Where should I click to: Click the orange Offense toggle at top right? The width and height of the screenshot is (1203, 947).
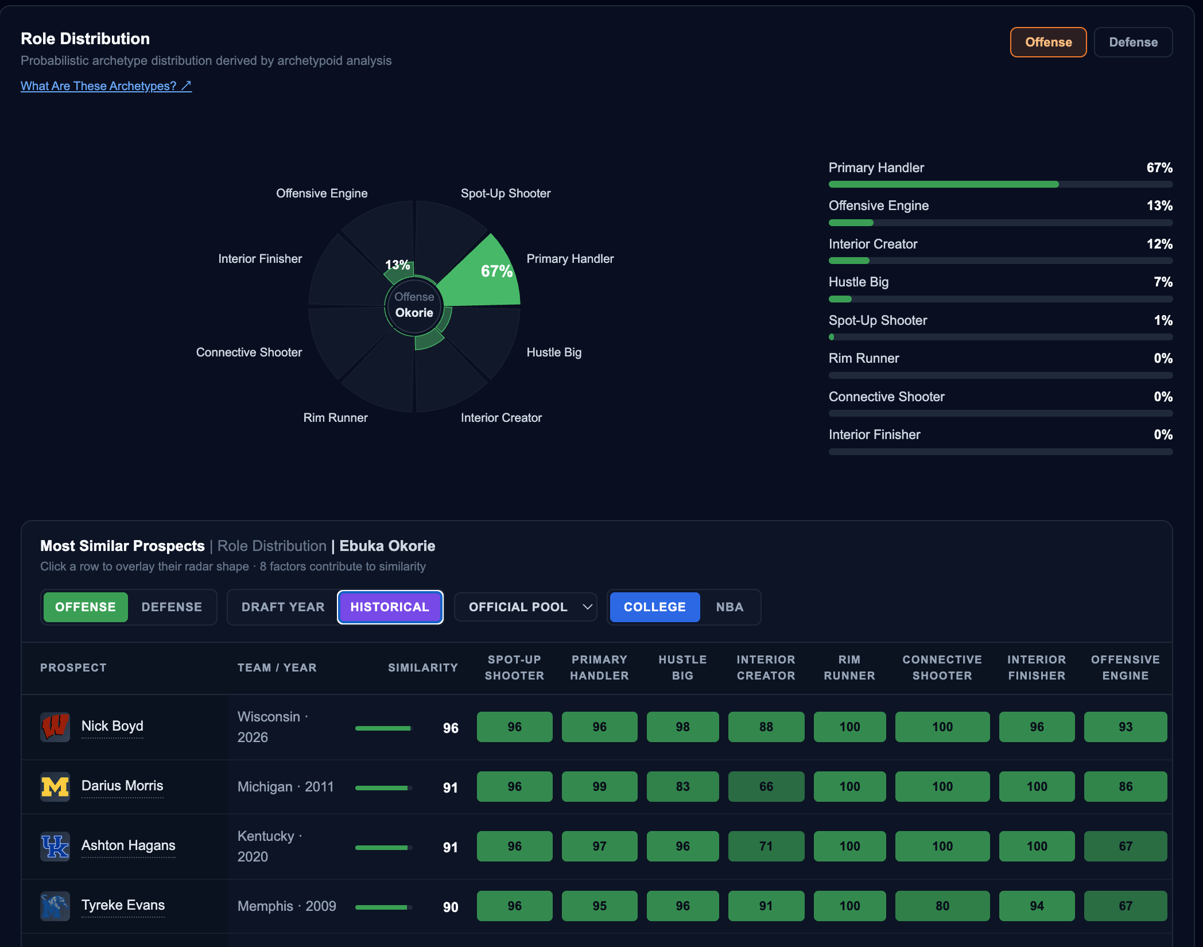(1048, 42)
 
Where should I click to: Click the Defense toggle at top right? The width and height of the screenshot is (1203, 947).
(1133, 42)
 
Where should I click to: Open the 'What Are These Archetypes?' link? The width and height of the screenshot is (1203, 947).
(106, 86)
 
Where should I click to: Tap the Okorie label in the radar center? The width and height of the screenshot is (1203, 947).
(414, 312)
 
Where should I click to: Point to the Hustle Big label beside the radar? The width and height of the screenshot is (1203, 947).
(554, 352)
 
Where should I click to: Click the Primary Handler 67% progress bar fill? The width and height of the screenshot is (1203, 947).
(944, 184)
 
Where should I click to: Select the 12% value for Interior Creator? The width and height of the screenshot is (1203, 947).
(1159, 244)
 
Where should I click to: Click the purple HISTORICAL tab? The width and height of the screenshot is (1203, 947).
(390, 607)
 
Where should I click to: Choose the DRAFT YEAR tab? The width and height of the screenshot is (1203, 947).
(283, 607)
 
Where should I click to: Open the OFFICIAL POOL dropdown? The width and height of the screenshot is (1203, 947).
(526, 607)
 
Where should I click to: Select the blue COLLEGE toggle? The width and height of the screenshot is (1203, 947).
(654, 607)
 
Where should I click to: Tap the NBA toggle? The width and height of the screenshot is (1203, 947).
(729, 607)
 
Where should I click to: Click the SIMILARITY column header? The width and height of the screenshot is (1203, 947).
(423, 667)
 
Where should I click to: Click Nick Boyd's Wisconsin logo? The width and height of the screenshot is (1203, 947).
(55, 727)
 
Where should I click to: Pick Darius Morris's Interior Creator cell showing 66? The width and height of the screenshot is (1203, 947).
(766, 786)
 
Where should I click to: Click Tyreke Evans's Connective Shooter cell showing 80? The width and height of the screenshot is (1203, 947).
(942, 906)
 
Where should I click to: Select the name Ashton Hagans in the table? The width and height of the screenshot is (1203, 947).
(129, 845)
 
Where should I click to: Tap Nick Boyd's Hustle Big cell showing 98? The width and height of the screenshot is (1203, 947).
(682, 727)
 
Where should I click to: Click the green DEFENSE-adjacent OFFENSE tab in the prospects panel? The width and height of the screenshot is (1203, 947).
(86, 607)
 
